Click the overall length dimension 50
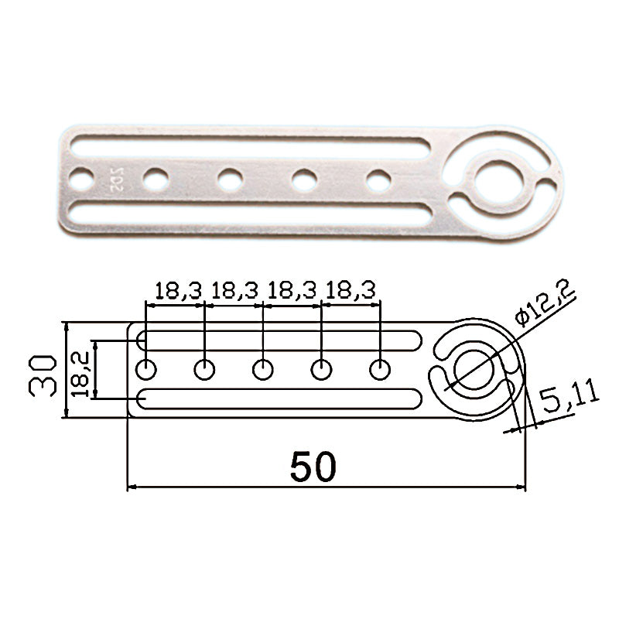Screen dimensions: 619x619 [313, 467]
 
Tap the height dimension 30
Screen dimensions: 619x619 [43, 375]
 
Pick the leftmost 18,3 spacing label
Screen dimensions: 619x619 [178, 291]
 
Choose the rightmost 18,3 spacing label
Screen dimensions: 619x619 [351, 291]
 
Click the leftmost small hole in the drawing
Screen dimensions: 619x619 [146, 370]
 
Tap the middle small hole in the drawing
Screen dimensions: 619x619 [262, 370]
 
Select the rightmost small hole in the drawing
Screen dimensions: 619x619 [380, 370]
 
